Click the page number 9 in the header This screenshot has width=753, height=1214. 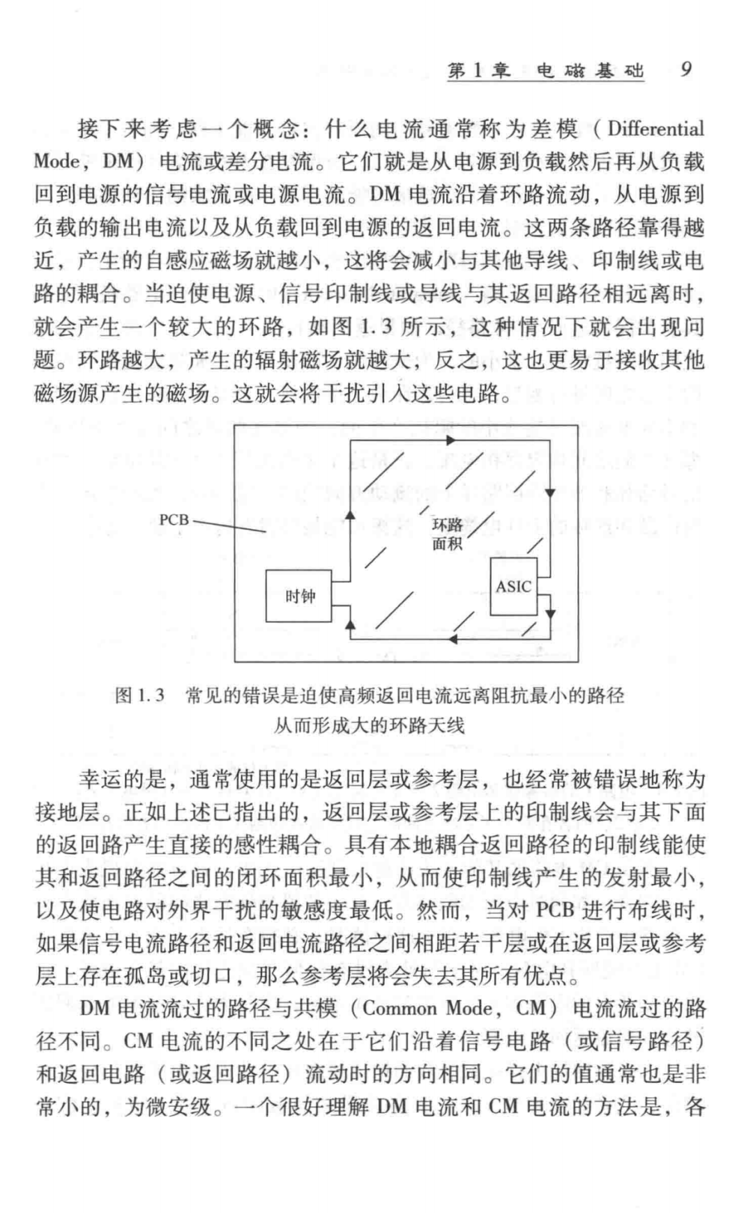686,70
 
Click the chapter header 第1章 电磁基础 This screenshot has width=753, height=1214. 545,71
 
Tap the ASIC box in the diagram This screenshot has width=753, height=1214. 514,587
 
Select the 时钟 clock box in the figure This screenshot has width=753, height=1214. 300,596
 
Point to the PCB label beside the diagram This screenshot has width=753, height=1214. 174,520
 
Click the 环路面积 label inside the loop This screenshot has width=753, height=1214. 447,535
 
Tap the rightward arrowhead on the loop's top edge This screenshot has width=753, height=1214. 451,440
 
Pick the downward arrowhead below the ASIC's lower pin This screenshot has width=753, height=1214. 550,614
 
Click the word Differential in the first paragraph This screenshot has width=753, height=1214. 655,129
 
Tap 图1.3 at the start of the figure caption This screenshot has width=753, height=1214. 139,695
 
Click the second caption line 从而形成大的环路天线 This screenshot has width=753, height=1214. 369,725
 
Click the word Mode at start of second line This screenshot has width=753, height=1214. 56,162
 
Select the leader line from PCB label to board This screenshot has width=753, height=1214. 230,526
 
